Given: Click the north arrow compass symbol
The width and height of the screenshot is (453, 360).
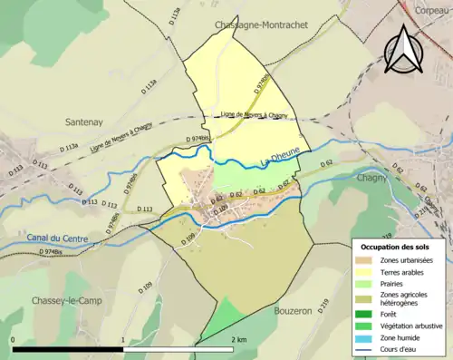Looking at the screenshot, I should click(x=402, y=47).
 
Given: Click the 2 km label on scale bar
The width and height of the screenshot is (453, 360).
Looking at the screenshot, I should click(x=238, y=339).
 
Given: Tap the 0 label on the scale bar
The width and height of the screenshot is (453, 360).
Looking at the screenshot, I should click(x=13, y=339).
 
